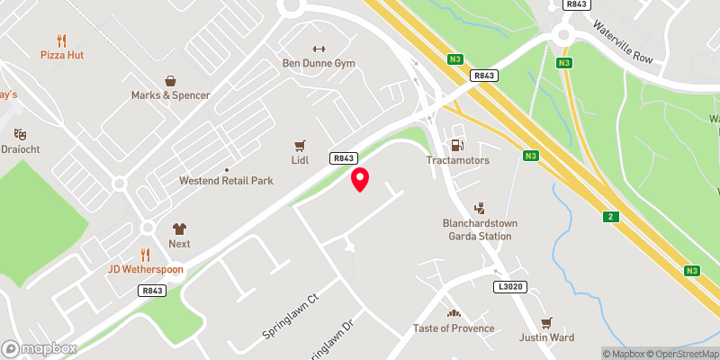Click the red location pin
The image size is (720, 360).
tap(360, 179)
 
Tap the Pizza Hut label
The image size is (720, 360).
tap(61, 55)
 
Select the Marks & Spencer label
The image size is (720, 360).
tap(170, 94)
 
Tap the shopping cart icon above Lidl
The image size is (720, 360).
tap(300, 144)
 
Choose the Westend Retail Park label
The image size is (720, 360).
tap(226, 181)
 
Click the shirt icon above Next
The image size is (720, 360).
tap(179, 229)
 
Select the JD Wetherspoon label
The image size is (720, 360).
tap(146, 268)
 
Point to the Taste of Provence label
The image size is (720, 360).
tap(454, 328)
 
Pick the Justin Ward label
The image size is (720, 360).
tap(545, 338)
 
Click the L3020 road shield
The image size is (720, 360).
tap(508, 286)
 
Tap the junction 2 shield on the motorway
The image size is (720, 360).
tap(612, 217)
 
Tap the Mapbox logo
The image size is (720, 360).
tap(39, 348)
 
